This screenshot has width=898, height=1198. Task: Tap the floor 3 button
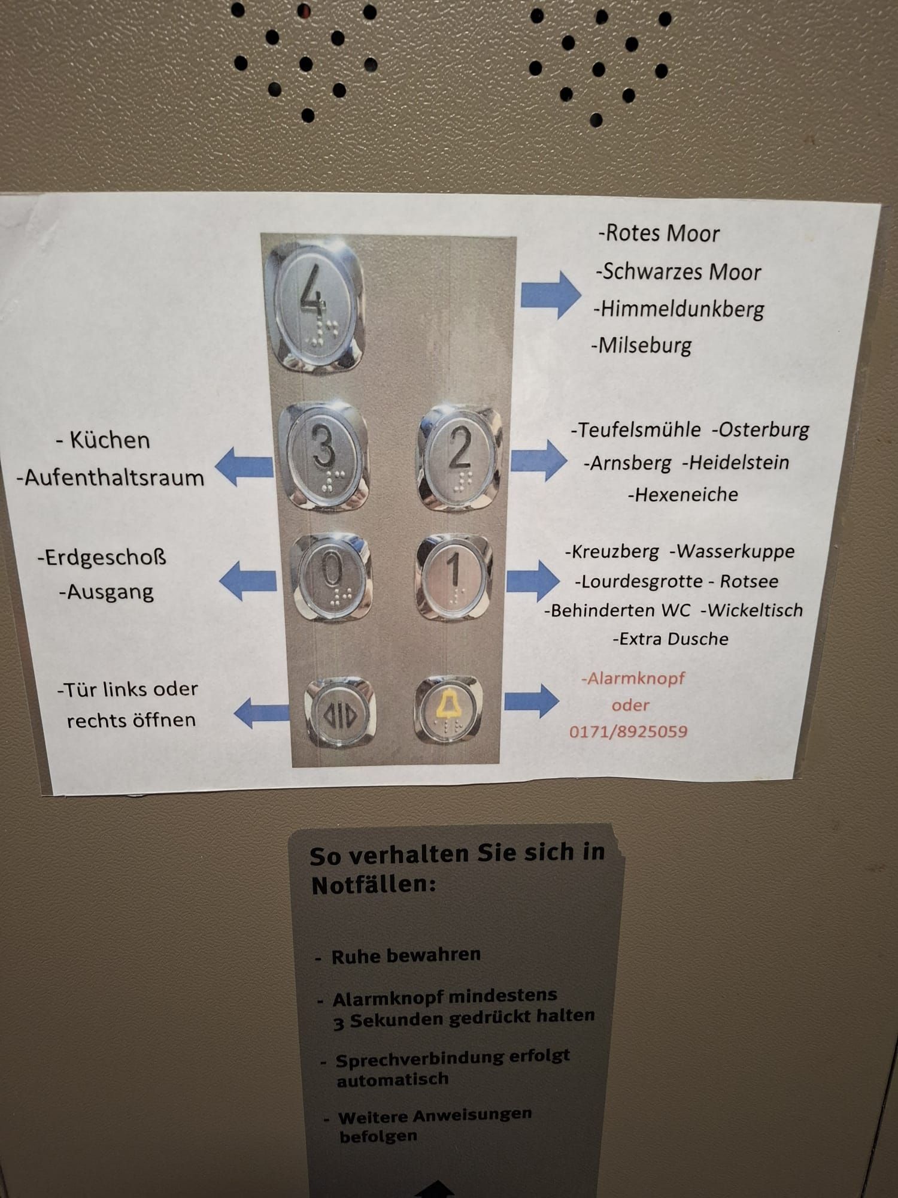(x=324, y=456)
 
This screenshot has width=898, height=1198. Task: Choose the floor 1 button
(x=454, y=576)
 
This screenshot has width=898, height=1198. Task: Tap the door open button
(x=340, y=713)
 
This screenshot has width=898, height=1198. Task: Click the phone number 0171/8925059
(x=628, y=731)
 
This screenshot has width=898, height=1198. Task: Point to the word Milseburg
(x=642, y=346)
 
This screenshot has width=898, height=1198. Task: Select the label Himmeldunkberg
(x=679, y=309)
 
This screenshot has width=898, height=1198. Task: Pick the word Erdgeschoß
(x=102, y=558)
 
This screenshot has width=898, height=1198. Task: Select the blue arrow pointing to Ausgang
(x=248, y=580)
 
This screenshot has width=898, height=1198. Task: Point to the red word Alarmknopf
(x=633, y=679)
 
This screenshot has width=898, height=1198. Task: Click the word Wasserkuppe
(x=732, y=551)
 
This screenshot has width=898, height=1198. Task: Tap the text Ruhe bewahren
(x=406, y=955)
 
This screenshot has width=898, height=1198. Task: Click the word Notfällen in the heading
(x=374, y=885)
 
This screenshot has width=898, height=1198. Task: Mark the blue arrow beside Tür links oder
(x=261, y=713)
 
